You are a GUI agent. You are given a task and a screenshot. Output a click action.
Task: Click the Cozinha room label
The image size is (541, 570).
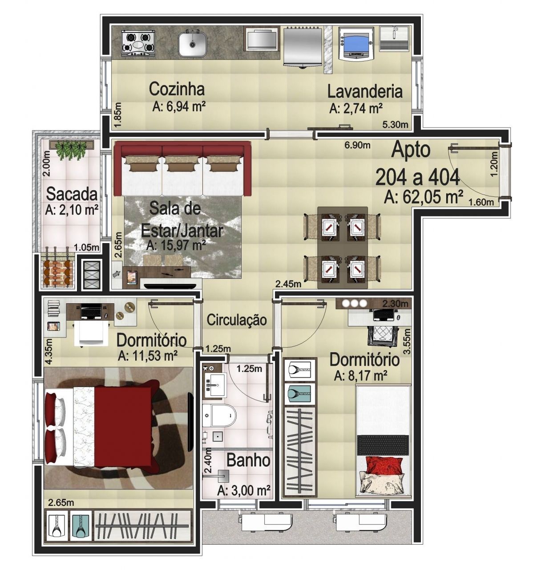(x=177, y=89)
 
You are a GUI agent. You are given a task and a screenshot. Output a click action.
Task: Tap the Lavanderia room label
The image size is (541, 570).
(x=365, y=92)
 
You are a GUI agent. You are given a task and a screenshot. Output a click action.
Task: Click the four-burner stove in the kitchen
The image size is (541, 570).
(x=138, y=45)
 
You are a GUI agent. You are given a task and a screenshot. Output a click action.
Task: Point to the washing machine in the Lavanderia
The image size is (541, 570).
(x=355, y=43)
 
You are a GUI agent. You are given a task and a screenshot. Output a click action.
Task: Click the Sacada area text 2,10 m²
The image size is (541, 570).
(x=72, y=210)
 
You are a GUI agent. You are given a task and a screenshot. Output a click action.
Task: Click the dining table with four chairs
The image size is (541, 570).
(x=342, y=248)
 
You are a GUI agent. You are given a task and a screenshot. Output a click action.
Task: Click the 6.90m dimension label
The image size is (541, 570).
(x=357, y=145)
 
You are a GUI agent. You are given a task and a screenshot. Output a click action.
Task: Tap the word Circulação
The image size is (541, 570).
(x=237, y=320)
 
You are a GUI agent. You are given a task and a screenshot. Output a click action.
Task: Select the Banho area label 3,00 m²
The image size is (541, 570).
(x=244, y=491)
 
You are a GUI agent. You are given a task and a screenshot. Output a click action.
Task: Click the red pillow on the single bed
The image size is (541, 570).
(x=384, y=465)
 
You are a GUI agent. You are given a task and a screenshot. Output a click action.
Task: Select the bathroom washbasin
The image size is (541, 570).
(x=215, y=383)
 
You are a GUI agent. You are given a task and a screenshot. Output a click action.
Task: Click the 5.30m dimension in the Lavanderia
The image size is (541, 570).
(x=395, y=125)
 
